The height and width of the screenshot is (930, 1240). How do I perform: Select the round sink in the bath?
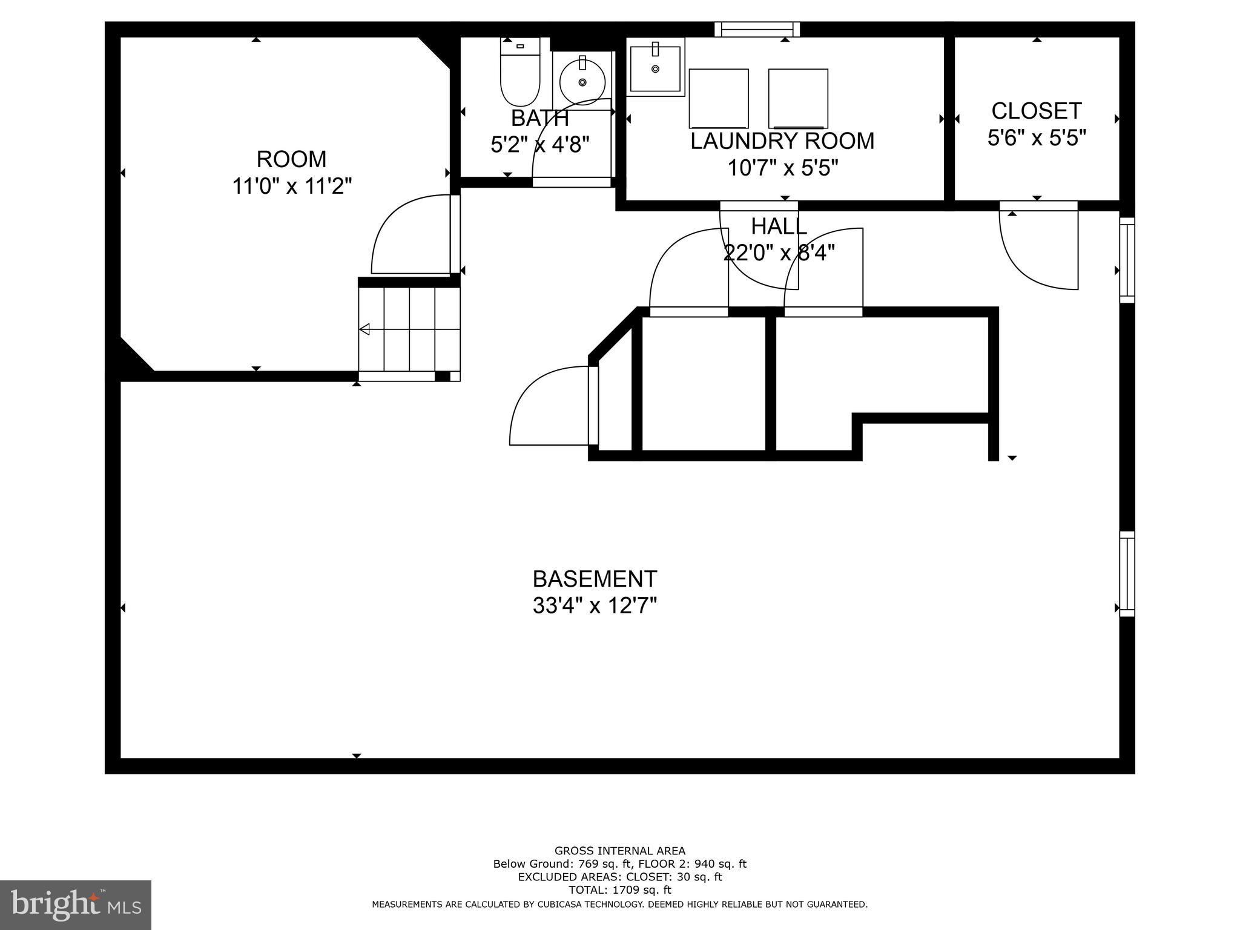click(582, 82)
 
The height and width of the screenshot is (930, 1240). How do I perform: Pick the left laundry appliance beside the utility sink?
click(719, 98)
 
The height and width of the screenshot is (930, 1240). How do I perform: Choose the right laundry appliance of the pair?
click(798, 98)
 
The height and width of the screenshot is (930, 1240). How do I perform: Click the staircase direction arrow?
click(366, 329)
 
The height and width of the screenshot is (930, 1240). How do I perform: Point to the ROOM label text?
click(291, 159)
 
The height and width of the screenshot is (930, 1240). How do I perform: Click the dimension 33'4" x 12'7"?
click(595, 605)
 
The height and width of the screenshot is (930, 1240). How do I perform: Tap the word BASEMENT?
click(595, 579)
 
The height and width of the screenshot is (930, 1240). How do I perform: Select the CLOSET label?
click(1036, 111)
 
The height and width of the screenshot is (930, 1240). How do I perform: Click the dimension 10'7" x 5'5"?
click(782, 167)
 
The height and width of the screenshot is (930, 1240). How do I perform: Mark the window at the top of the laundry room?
click(757, 29)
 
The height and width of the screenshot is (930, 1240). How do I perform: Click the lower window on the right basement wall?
click(1126, 574)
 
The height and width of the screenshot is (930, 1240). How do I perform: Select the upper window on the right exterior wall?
click(1126, 260)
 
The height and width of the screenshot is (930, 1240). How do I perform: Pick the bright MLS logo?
click(76, 904)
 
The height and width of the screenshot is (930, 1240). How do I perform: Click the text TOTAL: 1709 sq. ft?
click(619, 890)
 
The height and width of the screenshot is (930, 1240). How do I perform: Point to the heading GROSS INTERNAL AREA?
click(619, 851)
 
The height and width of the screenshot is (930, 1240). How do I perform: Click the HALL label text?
click(779, 226)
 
